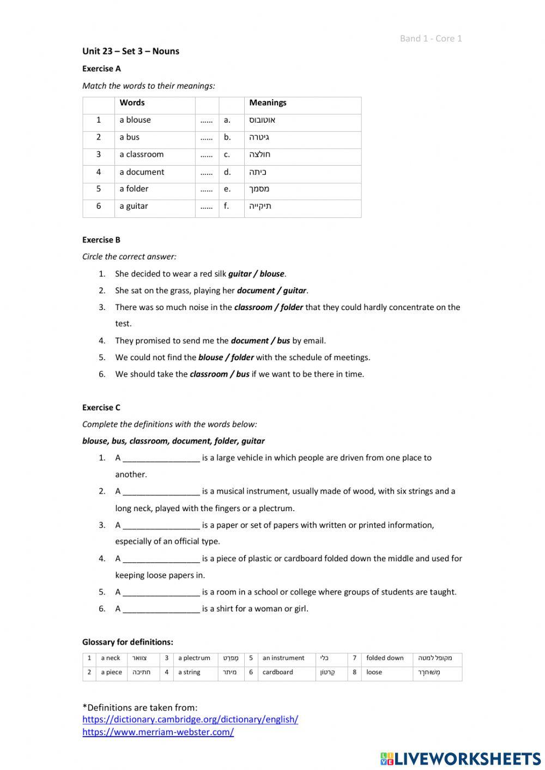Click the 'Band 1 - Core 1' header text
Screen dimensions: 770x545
[x=431, y=38]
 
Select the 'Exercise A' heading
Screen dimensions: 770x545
[x=101, y=69]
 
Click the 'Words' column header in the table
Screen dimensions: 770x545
[x=132, y=102]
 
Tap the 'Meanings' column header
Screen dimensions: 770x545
[x=268, y=102]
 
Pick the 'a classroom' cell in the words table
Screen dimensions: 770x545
[x=142, y=154]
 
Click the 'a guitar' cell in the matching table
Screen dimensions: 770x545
[x=134, y=206]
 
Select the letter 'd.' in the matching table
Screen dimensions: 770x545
[x=227, y=172]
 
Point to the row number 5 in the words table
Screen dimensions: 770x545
[x=99, y=189]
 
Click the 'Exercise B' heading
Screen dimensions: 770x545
[x=101, y=240]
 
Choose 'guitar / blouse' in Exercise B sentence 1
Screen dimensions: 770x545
[x=256, y=274]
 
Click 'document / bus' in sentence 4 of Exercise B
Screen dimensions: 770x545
[x=261, y=341]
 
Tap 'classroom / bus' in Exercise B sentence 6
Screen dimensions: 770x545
[x=219, y=374]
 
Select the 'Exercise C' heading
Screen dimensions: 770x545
[x=101, y=408]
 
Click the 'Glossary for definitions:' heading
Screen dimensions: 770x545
[x=128, y=642]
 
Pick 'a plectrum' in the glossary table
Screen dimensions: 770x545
[x=194, y=658]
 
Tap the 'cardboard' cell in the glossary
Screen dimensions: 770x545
[x=277, y=672]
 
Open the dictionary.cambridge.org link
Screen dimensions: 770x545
[x=190, y=719]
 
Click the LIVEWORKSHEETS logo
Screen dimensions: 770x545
[x=461, y=759]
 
